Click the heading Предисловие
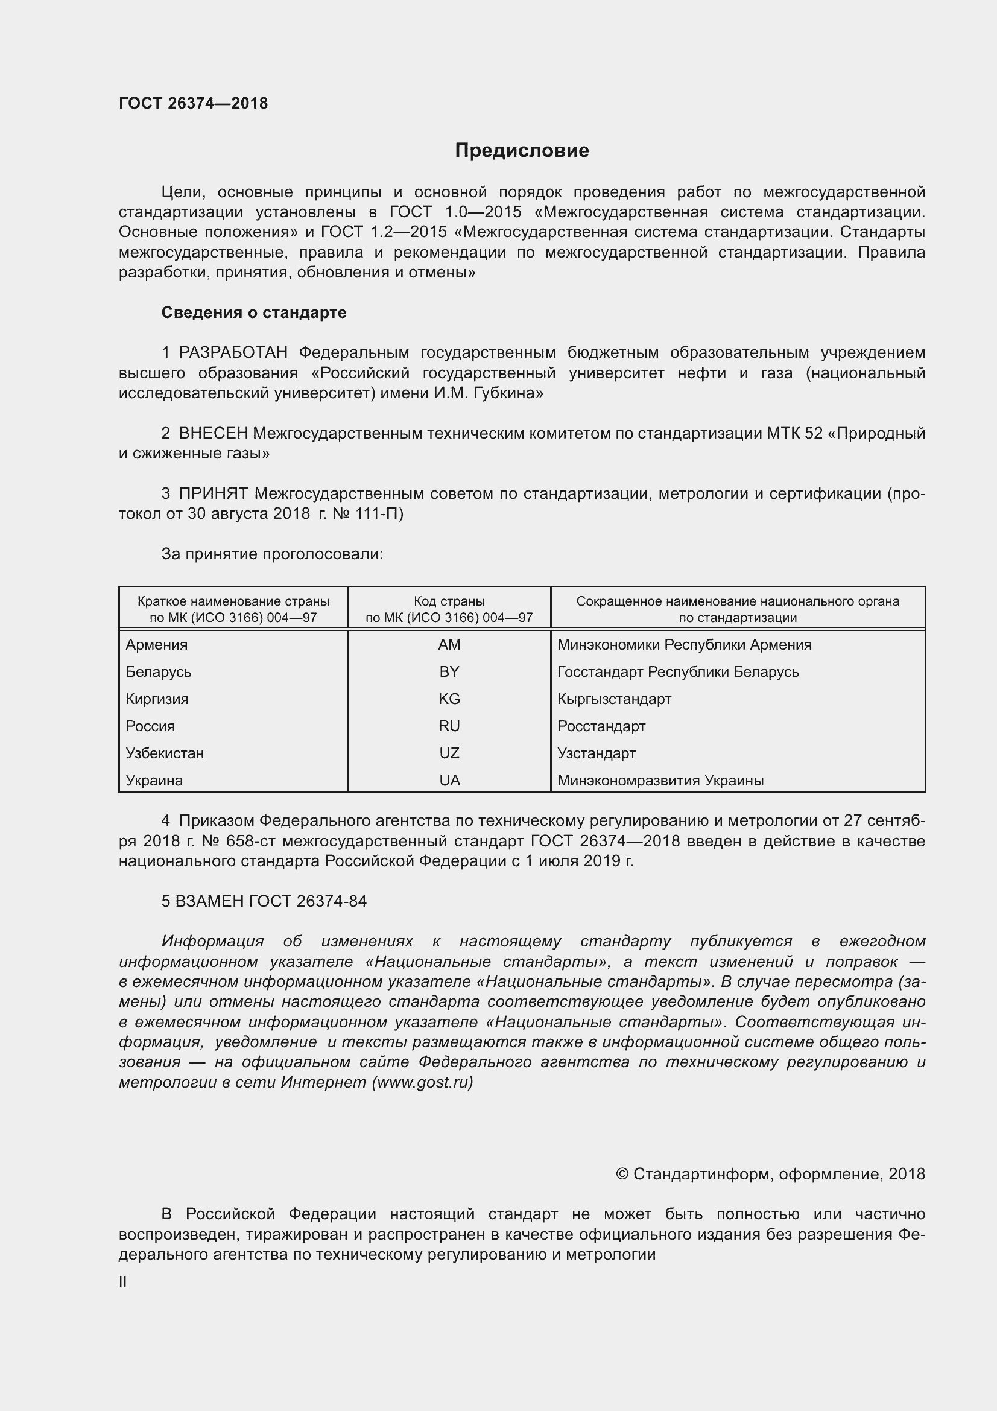(522, 151)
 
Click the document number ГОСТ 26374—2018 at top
(194, 103)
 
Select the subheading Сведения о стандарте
(254, 313)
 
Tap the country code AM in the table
(449, 645)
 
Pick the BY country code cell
(449, 671)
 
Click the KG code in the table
(449, 699)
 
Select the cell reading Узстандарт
(596, 753)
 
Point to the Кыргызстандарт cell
(613, 699)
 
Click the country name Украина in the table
(154, 781)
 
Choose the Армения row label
(157, 645)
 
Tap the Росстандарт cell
(601, 726)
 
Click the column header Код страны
(449, 601)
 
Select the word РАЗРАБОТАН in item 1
(233, 353)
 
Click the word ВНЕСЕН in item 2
(213, 433)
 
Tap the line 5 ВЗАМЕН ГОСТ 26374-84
(264, 901)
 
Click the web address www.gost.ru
(422, 1083)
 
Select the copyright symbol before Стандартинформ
(622, 1175)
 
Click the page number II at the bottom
(123, 1283)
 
